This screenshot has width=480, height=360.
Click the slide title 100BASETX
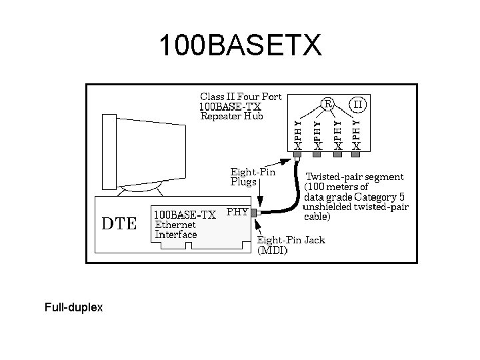point(240,46)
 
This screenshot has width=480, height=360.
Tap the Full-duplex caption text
point(73,308)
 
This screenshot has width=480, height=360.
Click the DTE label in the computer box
point(119,223)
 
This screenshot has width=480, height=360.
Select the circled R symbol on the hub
point(327,103)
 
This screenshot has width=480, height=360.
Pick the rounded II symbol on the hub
point(358,103)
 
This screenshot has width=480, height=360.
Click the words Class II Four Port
point(241,96)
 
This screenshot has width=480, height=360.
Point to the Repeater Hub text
point(232,116)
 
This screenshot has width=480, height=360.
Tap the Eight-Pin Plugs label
point(252,176)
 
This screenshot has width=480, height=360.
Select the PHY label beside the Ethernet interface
point(237,212)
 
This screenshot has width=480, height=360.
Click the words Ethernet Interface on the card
point(176,229)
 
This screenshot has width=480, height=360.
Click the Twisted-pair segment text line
point(354,177)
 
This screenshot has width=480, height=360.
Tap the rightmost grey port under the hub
point(357,155)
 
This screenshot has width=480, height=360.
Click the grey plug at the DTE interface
point(254,213)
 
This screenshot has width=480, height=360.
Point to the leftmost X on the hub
point(298,145)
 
